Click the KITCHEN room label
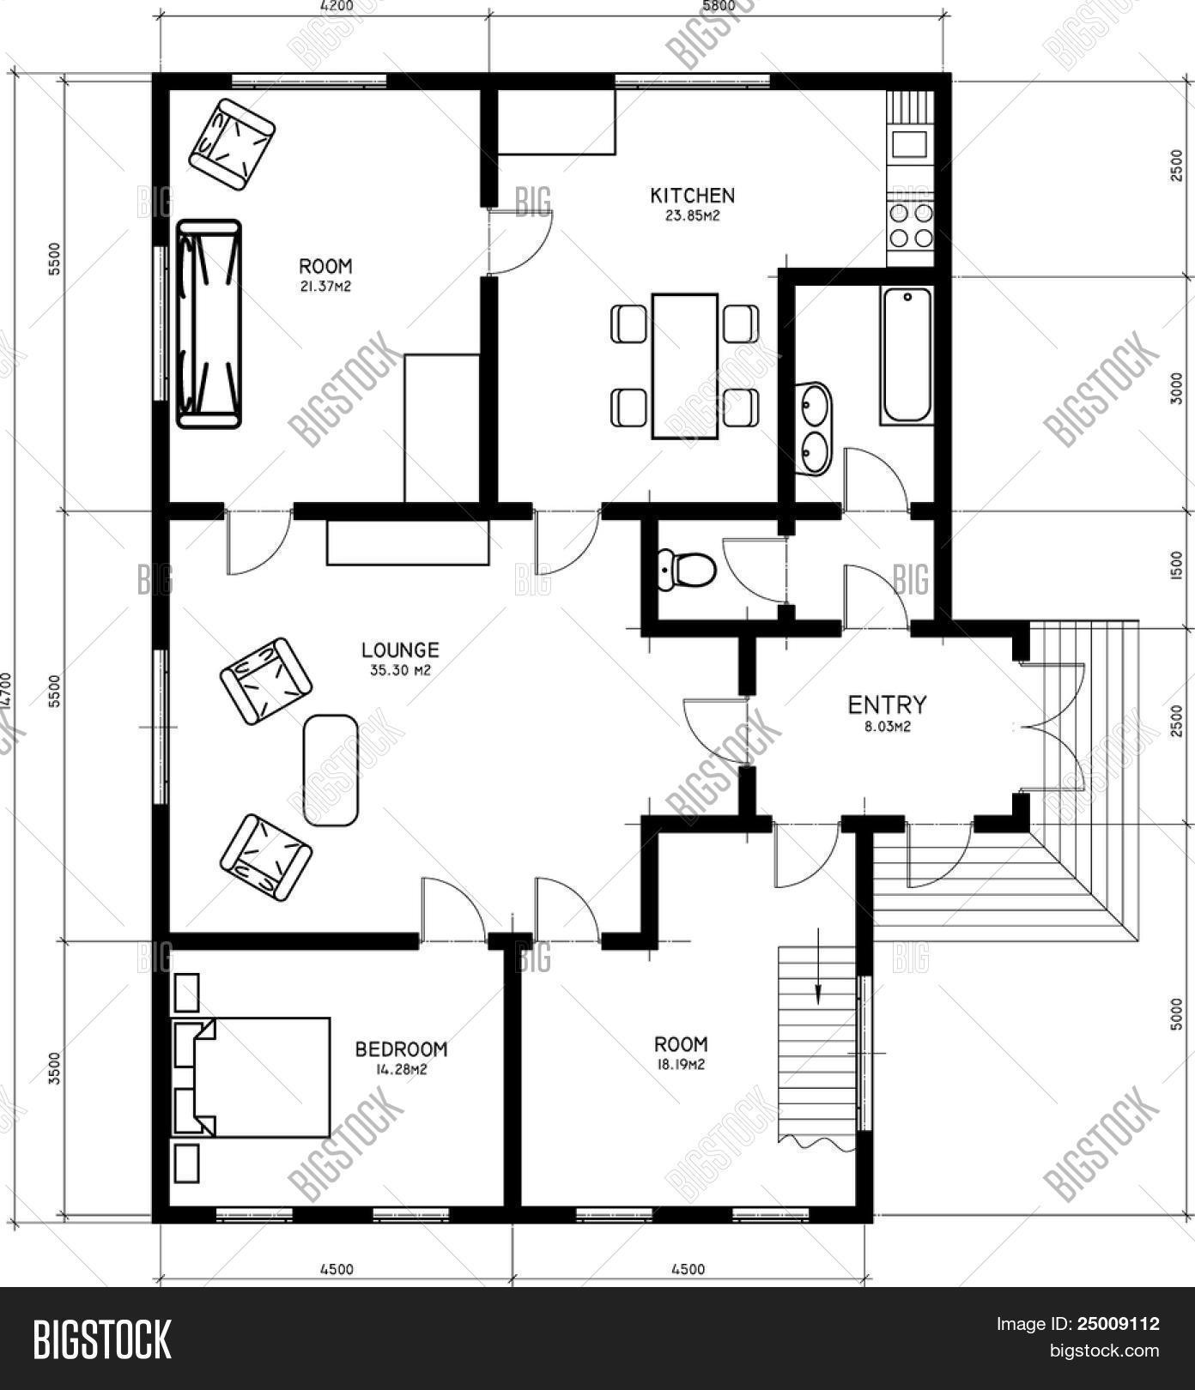click(x=692, y=196)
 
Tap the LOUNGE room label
click(x=400, y=650)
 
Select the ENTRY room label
click(x=887, y=705)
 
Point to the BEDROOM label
click(x=401, y=1049)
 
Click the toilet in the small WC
click(x=686, y=570)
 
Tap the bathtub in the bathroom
click(x=907, y=355)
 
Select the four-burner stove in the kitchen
click(x=911, y=226)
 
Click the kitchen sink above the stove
click(x=910, y=143)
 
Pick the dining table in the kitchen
click(x=685, y=366)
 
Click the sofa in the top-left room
click(x=209, y=323)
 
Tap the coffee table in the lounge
click(x=331, y=771)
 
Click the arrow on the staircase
click(x=818, y=966)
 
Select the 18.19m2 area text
click(x=682, y=1065)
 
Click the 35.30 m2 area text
click(x=400, y=670)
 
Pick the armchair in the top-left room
click(x=232, y=144)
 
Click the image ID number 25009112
click(x=1117, y=1324)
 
